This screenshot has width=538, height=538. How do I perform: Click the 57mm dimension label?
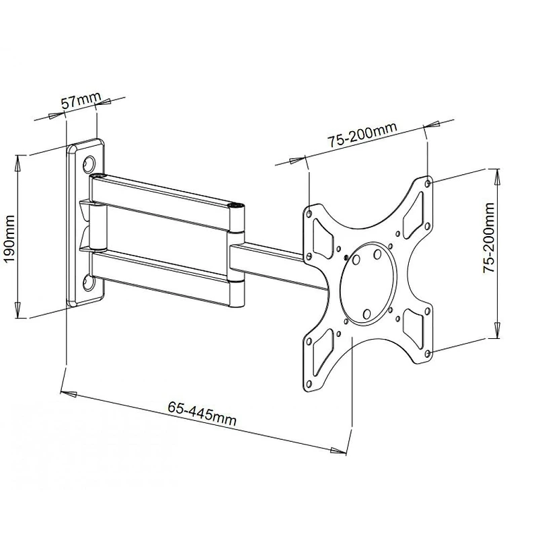point(79,102)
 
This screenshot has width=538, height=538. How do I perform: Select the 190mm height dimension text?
point(9,241)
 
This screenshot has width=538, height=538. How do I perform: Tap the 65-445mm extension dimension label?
point(201,412)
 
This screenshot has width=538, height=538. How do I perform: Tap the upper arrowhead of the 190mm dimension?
point(18,159)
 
